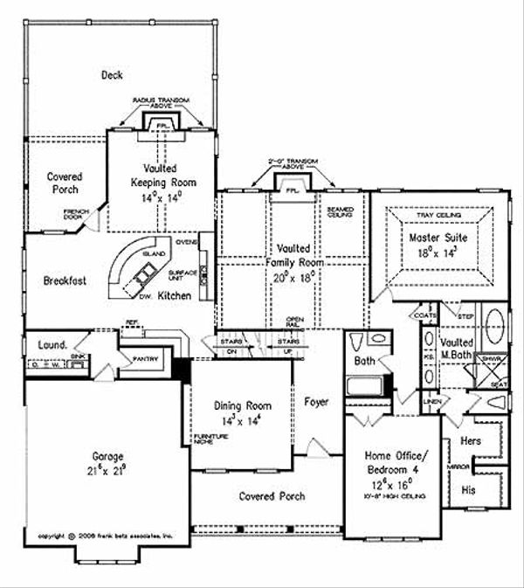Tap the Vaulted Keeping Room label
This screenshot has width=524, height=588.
[x=158, y=174]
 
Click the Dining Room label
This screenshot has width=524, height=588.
[x=243, y=405]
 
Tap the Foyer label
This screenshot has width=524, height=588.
[x=317, y=402]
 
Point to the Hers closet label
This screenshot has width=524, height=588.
[x=470, y=443]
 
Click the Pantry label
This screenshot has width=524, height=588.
[x=144, y=358]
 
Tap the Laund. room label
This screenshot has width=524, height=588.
[x=52, y=345]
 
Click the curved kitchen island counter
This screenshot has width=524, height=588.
[x=131, y=262]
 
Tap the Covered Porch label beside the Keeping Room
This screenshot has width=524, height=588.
[x=63, y=183]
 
